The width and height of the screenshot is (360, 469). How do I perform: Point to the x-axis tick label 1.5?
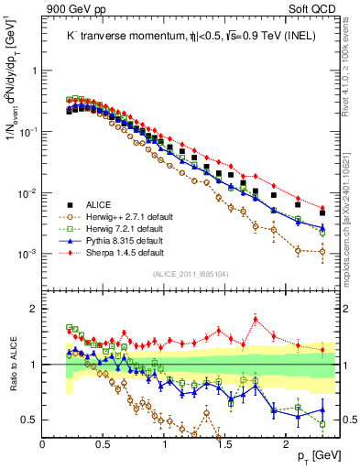click(225, 443)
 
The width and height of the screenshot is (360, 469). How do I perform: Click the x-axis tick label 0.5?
click(104, 443)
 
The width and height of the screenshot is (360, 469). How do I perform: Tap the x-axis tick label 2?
click(286, 443)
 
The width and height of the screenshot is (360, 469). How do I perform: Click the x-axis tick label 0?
click(43, 443)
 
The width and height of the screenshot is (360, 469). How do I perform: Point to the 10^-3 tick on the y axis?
click(27, 254)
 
